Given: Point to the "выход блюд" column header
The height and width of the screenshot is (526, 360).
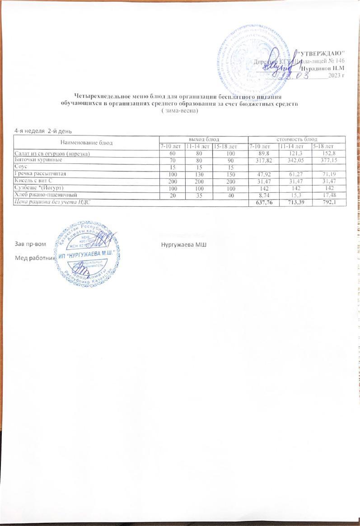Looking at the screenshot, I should tap(203, 139).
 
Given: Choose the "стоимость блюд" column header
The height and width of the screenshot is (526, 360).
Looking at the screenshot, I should tap(296, 139).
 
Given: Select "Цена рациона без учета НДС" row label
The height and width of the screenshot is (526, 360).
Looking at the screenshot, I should tap(56, 200).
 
